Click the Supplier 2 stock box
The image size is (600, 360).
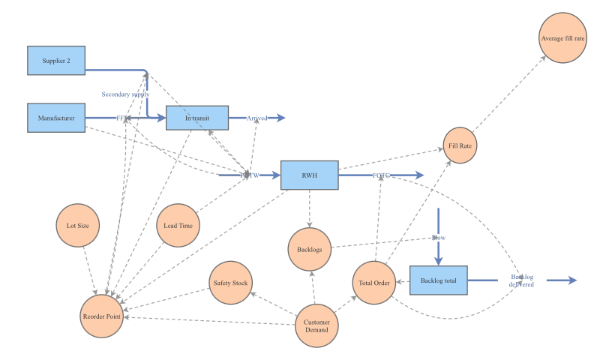click(x=56, y=61)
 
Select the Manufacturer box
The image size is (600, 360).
click(x=56, y=118)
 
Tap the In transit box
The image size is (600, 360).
click(x=196, y=118)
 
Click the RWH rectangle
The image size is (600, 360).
click(x=309, y=175)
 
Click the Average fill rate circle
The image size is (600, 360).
click(x=562, y=37)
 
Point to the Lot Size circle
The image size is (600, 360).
click(x=78, y=225)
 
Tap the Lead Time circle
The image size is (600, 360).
click(x=178, y=225)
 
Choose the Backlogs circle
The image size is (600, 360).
click(x=310, y=249)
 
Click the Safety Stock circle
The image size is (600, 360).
click(x=231, y=283)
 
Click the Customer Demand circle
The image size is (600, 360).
click(x=316, y=326)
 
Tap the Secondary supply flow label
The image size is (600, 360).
click(x=125, y=94)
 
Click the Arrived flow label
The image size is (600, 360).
click(x=256, y=118)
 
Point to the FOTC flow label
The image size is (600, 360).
click(x=382, y=175)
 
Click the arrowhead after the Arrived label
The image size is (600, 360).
click(x=280, y=118)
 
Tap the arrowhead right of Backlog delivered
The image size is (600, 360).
click(x=571, y=280)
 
